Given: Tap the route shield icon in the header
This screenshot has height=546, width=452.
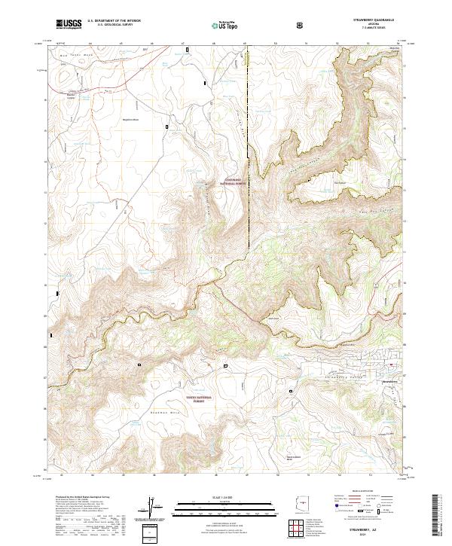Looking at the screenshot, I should [x=301, y=25].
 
